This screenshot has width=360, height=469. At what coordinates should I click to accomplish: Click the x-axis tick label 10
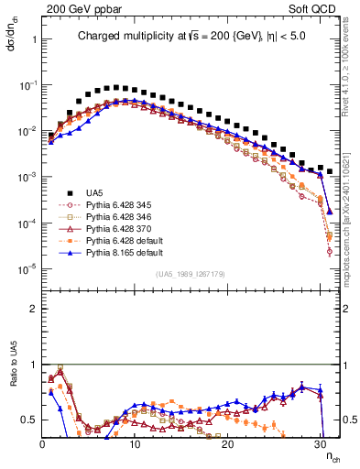pyautogui.click(x=135, y=444)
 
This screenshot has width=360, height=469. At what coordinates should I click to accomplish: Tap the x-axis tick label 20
pyautogui.click(x=228, y=444)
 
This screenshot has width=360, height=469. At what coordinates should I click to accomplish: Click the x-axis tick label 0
pyautogui.click(x=42, y=444)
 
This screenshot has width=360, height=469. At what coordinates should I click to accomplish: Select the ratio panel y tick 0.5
pyautogui.click(x=30, y=420)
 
